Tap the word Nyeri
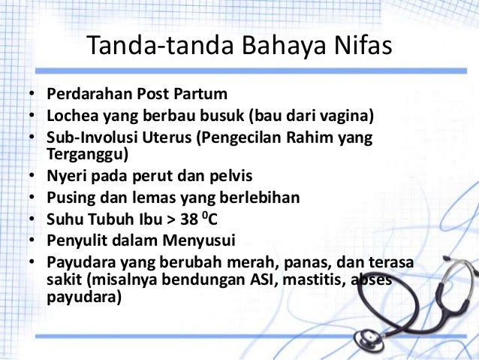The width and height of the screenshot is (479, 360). [64, 178]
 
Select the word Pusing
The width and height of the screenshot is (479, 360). [69, 199]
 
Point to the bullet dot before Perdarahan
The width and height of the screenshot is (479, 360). [32, 95]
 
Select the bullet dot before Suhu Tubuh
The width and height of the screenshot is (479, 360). [32, 221]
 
